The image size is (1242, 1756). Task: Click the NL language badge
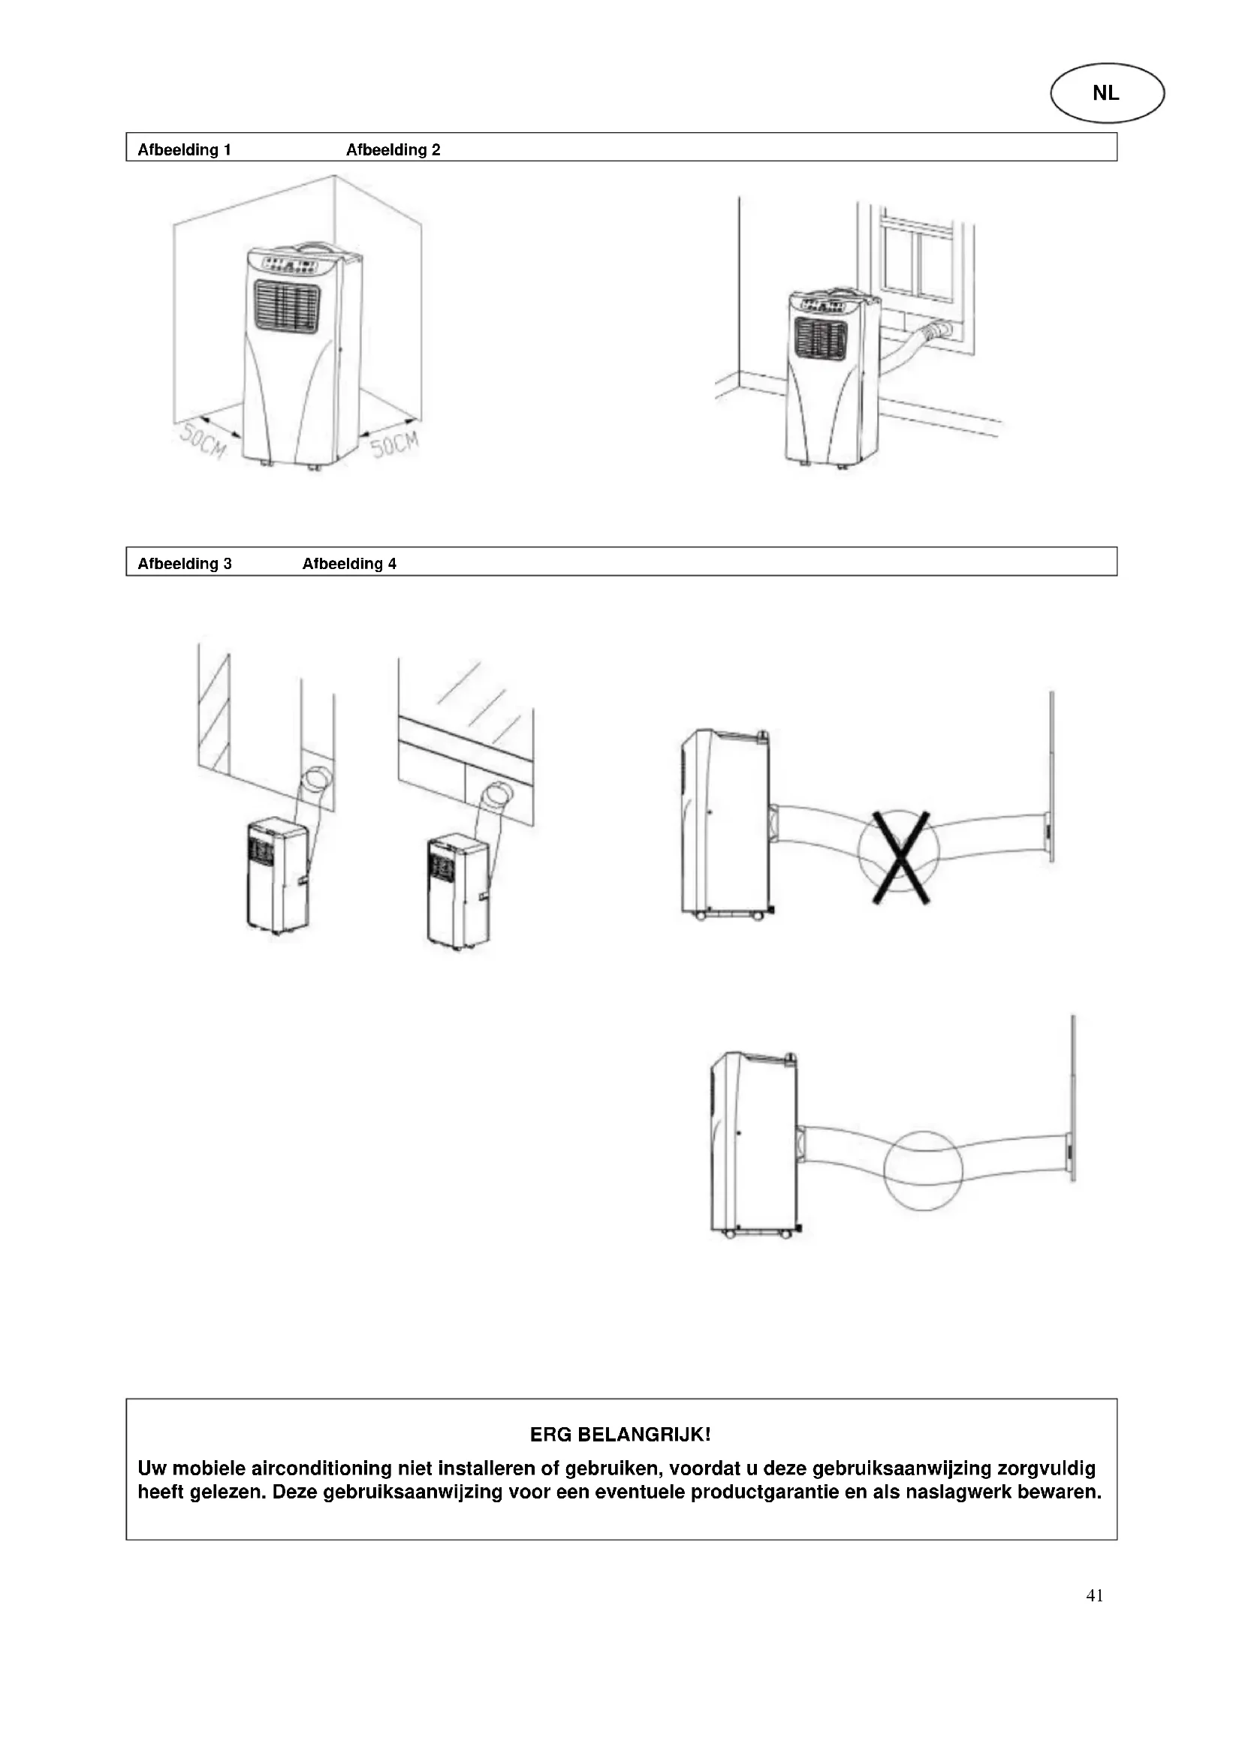click(1107, 93)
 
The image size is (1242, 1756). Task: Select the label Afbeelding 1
click(184, 150)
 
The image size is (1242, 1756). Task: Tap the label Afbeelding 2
click(393, 150)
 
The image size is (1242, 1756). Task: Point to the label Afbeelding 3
click(184, 564)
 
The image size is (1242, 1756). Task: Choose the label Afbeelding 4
click(349, 564)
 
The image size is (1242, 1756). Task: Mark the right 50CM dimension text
click(395, 444)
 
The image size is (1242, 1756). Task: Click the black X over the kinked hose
click(901, 857)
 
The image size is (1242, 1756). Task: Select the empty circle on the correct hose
click(923, 1170)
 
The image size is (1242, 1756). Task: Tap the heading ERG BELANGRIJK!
click(620, 1435)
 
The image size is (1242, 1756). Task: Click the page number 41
click(1094, 1595)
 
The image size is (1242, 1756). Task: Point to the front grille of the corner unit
click(287, 307)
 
